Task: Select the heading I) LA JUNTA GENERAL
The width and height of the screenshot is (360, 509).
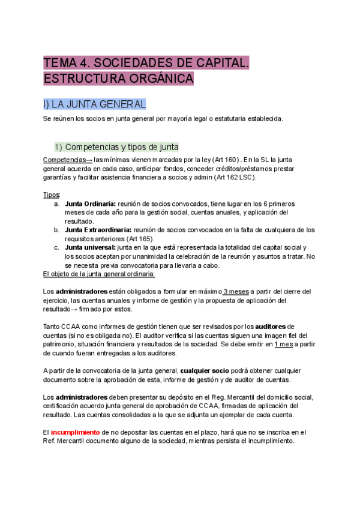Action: coord(94,104)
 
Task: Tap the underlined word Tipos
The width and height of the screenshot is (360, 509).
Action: coord(52,195)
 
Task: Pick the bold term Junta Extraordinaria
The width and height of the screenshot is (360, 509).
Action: coord(98,230)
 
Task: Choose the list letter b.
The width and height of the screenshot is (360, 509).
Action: coord(56,230)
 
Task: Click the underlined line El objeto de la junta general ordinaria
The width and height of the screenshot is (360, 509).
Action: coord(99,274)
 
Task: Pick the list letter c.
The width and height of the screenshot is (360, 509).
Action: coord(56,247)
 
